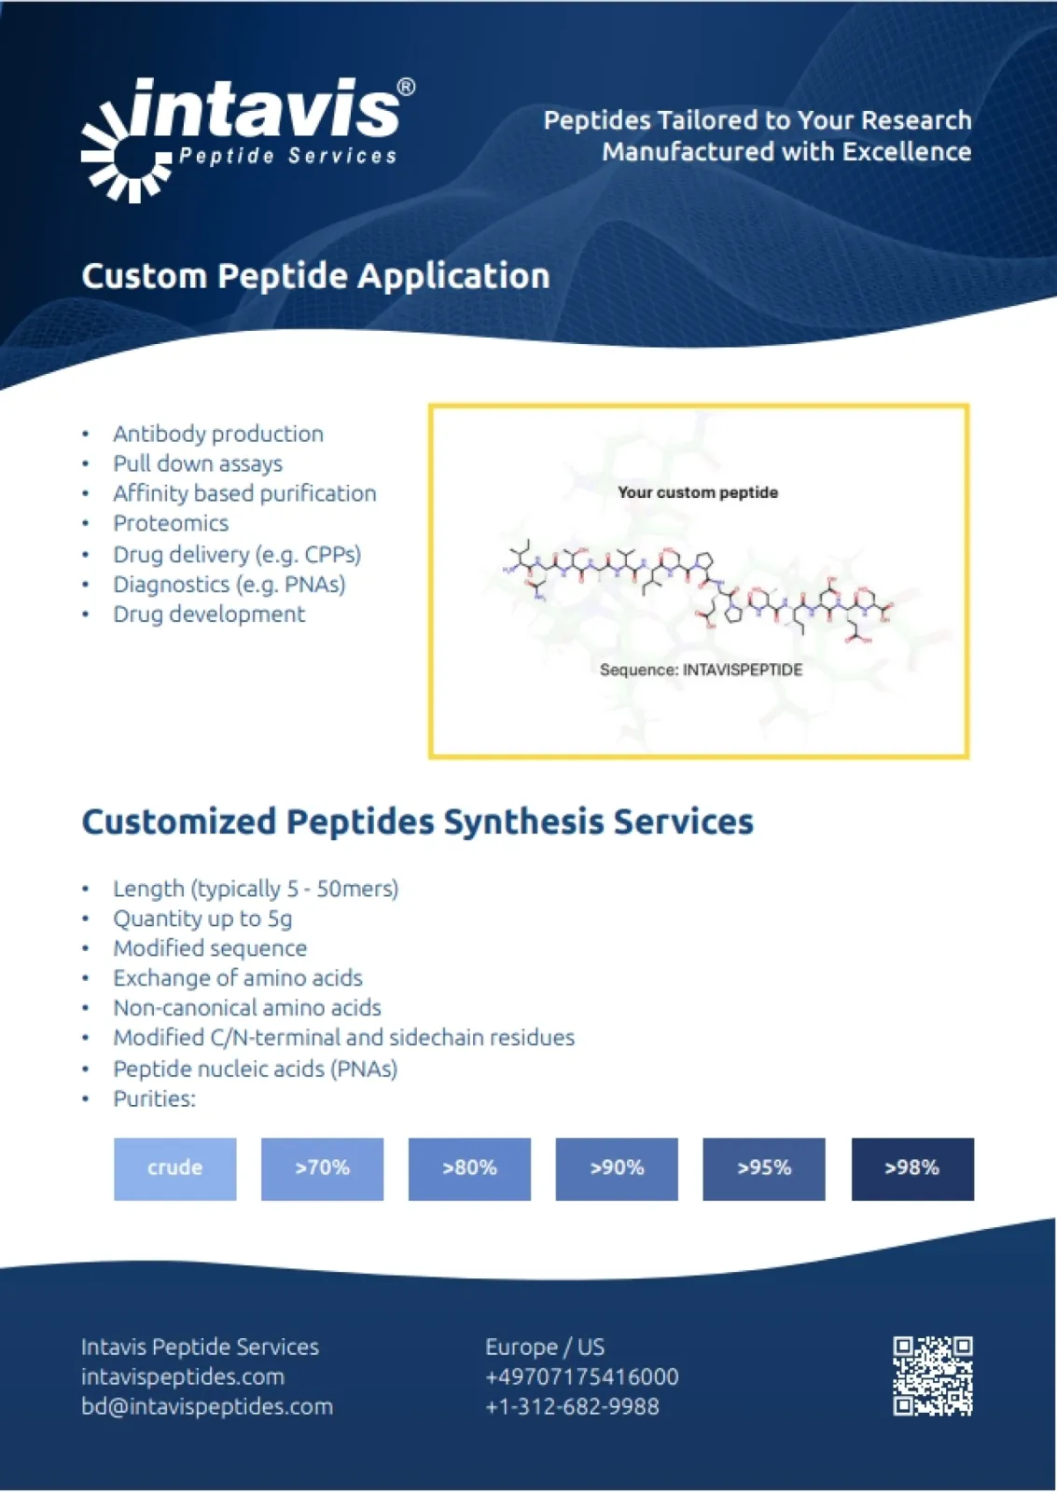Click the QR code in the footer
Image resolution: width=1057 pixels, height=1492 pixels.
932,1375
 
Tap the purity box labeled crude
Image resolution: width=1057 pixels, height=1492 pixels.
174,1168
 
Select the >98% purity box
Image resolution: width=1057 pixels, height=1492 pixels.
911,1168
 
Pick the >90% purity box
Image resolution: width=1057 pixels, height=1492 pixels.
617,1168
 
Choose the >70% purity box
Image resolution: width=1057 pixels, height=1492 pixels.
322,1168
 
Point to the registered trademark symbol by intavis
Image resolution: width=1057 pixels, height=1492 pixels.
406,87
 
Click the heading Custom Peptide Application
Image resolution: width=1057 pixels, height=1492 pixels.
315,276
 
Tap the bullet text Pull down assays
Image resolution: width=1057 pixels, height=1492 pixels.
198,463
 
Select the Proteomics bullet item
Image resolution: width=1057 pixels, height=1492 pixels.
171,523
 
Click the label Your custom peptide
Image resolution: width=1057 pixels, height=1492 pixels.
697,492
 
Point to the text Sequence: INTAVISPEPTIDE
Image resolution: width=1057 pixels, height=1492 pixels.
701,670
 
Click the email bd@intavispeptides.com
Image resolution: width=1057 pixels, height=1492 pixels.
206,1406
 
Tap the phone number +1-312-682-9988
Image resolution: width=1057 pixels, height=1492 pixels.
572,1406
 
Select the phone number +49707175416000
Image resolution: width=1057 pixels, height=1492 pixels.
581,1376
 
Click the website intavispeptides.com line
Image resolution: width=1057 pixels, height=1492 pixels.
182,1376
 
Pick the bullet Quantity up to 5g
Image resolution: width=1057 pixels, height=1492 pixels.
202,919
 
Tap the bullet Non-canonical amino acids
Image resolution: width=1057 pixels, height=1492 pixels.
247,1008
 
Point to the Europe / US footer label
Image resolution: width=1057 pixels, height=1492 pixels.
544,1347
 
